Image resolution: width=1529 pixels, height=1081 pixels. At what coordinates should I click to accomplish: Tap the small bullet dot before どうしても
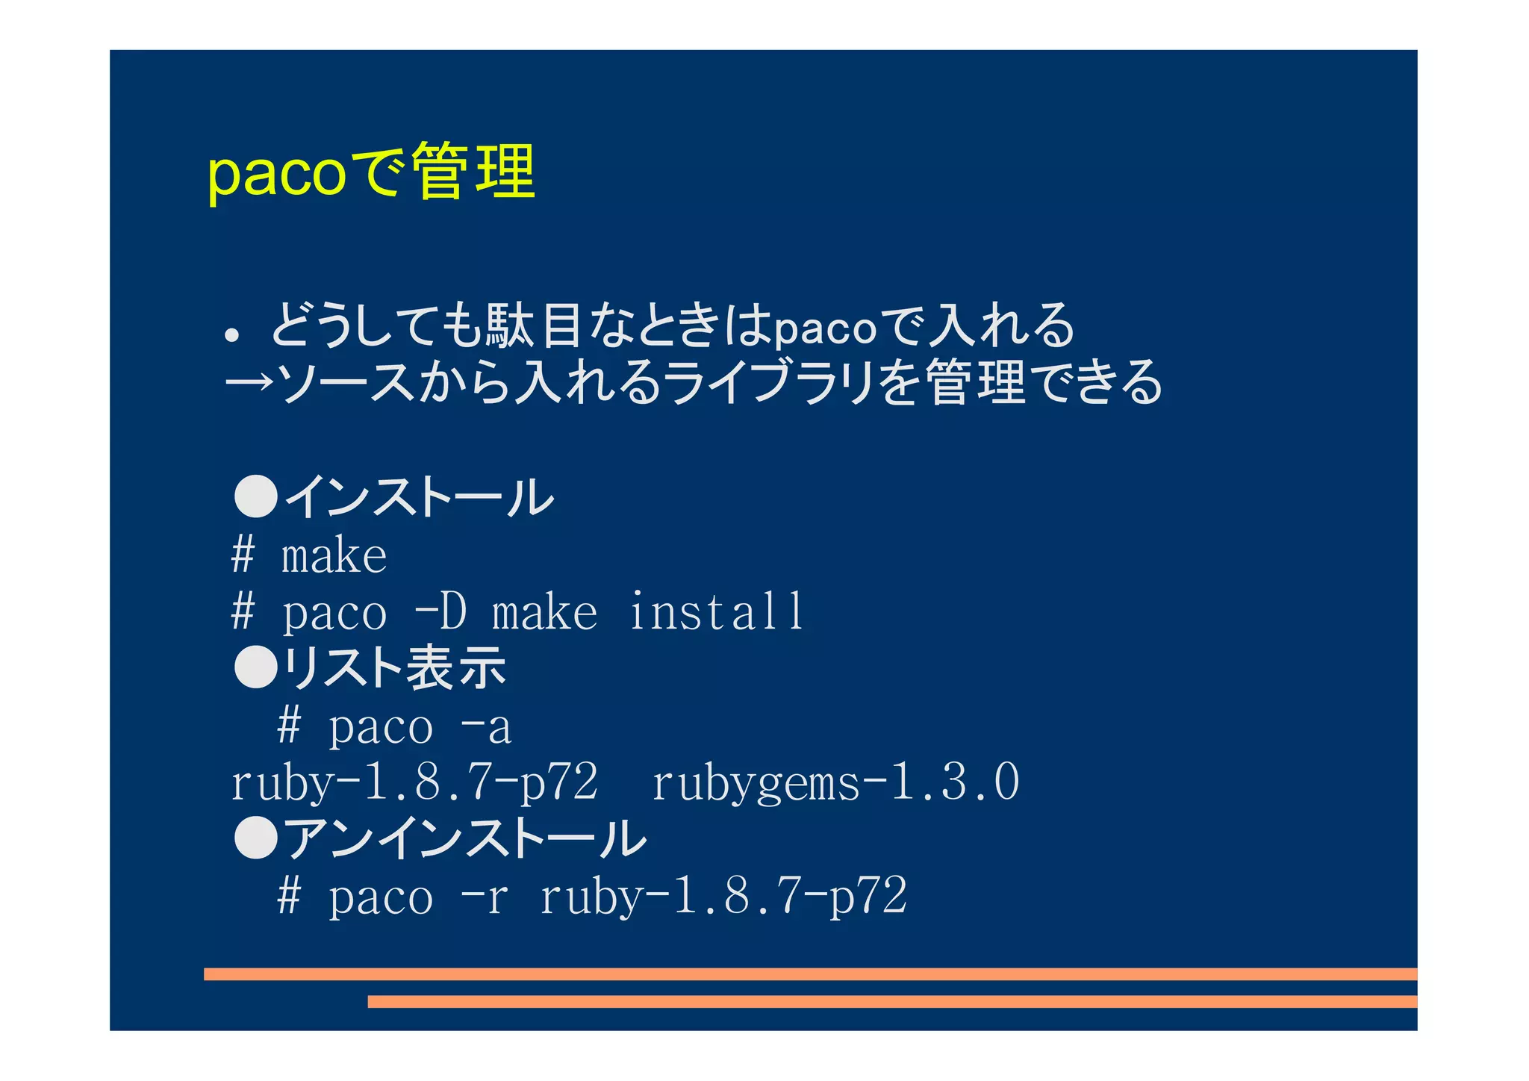232,335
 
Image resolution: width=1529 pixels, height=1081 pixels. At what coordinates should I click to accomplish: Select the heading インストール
419,497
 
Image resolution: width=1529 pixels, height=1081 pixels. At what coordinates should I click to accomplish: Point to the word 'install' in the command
715,612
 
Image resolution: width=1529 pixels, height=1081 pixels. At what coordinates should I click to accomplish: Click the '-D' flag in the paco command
440,612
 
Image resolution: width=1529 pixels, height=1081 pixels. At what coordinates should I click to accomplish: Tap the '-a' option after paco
487,727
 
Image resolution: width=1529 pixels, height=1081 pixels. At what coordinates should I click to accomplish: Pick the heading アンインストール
465,838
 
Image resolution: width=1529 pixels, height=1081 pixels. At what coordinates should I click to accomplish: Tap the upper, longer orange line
810,974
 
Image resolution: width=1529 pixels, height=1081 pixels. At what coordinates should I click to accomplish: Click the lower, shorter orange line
892,1002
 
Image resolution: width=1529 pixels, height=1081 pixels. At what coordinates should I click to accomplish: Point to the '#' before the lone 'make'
243,555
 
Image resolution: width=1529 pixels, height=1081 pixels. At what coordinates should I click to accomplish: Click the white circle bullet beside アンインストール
256,838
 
